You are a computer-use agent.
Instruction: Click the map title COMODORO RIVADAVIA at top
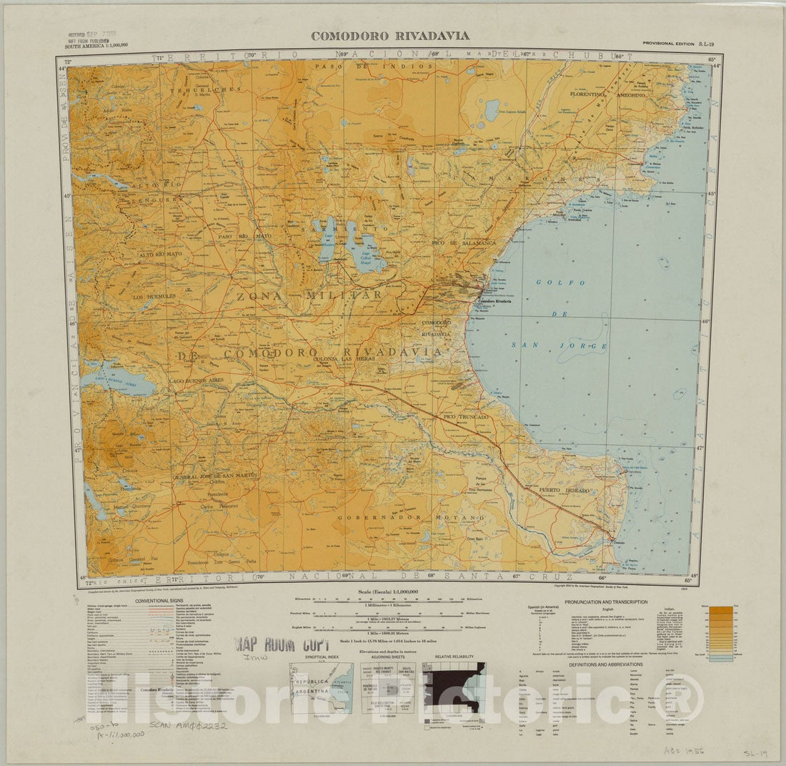(389, 36)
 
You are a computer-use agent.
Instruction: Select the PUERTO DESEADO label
(564, 490)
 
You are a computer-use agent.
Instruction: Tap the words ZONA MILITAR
(304, 295)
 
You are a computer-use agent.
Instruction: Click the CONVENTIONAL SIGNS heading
(156, 601)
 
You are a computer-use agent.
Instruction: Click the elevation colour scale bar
(721, 634)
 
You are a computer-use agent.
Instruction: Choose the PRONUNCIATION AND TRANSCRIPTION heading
(606, 602)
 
